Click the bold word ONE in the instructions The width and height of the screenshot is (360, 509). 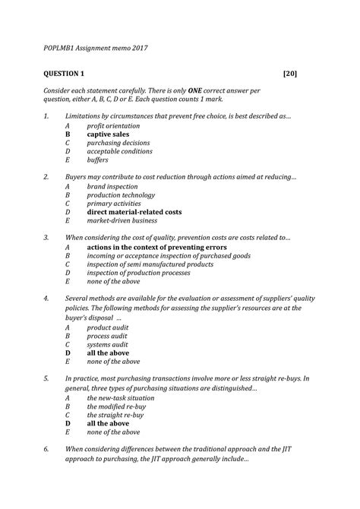[207, 90]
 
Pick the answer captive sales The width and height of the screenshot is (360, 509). [108, 134]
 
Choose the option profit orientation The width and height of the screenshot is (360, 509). [113, 125]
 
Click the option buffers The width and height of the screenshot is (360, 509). [98, 160]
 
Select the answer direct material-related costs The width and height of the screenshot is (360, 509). [134, 212]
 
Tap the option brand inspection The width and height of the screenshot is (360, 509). [112, 186]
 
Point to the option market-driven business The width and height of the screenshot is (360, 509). [122, 221]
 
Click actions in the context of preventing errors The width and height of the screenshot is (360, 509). [156, 247]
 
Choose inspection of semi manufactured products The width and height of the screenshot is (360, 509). [150, 264]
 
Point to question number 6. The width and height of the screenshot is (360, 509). [46, 449]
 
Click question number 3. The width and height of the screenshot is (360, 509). [46, 238]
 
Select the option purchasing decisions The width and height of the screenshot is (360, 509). [119, 142]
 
